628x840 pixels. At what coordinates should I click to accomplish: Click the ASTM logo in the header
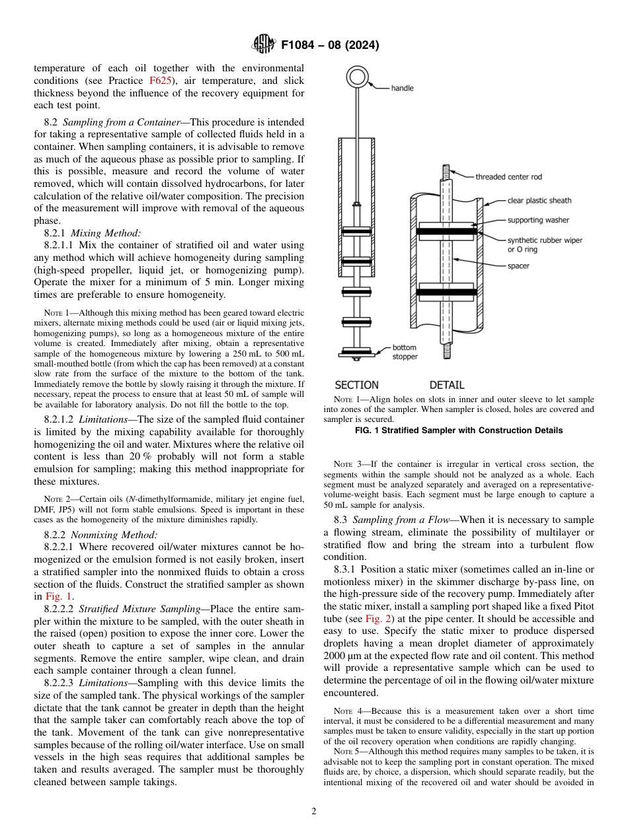pyautogui.click(x=264, y=45)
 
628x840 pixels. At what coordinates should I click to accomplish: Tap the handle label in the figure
pyautogui.click(x=402, y=88)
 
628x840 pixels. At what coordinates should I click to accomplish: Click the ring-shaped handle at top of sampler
pyautogui.click(x=358, y=79)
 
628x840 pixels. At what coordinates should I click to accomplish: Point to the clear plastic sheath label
pyautogui.click(x=539, y=200)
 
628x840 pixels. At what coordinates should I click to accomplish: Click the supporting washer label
pyautogui.click(x=538, y=220)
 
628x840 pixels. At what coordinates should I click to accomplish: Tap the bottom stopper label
pyautogui.click(x=405, y=352)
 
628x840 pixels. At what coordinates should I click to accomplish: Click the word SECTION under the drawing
pyautogui.click(x=357, y=384)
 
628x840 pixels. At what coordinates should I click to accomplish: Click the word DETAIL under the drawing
pyautogui.click(x=447, y=384)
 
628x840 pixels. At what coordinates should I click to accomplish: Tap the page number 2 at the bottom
pyautogui.click(x=314, y=812)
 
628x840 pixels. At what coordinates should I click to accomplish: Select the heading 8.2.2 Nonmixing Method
pyautogui.click(x=100, y=534)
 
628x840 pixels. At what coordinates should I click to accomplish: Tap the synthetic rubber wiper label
pyautogui.click(x=545, y=240)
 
